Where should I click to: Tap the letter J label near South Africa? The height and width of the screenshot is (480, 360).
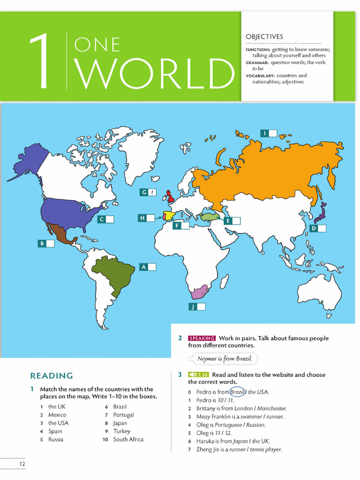pos(192,307)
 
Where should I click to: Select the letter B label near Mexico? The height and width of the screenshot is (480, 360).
pos(42,243)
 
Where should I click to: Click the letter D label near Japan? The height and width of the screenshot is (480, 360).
pos(314,228)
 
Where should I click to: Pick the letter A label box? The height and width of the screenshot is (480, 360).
pos(144,267)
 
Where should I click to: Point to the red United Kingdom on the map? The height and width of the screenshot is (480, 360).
pos(170,195)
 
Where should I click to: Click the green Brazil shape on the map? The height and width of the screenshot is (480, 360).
pos(114,272)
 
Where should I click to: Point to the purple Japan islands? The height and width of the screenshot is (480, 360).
pos(321,213)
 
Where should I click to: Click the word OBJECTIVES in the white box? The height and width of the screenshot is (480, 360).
pos(264,37)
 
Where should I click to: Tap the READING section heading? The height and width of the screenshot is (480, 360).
pos(52,375)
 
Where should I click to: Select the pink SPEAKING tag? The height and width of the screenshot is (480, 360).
pos(202,338)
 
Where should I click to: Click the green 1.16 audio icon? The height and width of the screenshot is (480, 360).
pos(198,375)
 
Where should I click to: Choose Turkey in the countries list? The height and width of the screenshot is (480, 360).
pos(122,431)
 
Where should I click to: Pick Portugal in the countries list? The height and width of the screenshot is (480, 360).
pos(123,415)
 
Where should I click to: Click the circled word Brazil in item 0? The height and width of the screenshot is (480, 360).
pos(238,392)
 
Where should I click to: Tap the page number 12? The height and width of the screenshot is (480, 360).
pos(22,464)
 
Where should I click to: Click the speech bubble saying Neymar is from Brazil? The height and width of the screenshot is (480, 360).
pos(225,359)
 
